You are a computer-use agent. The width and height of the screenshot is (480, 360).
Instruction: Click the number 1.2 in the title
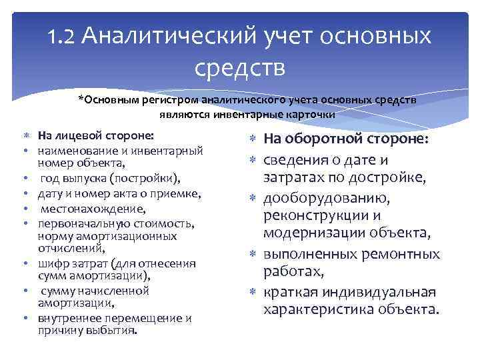[x=65, y=36]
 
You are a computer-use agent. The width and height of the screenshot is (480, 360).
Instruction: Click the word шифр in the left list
[x=52, y=263]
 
